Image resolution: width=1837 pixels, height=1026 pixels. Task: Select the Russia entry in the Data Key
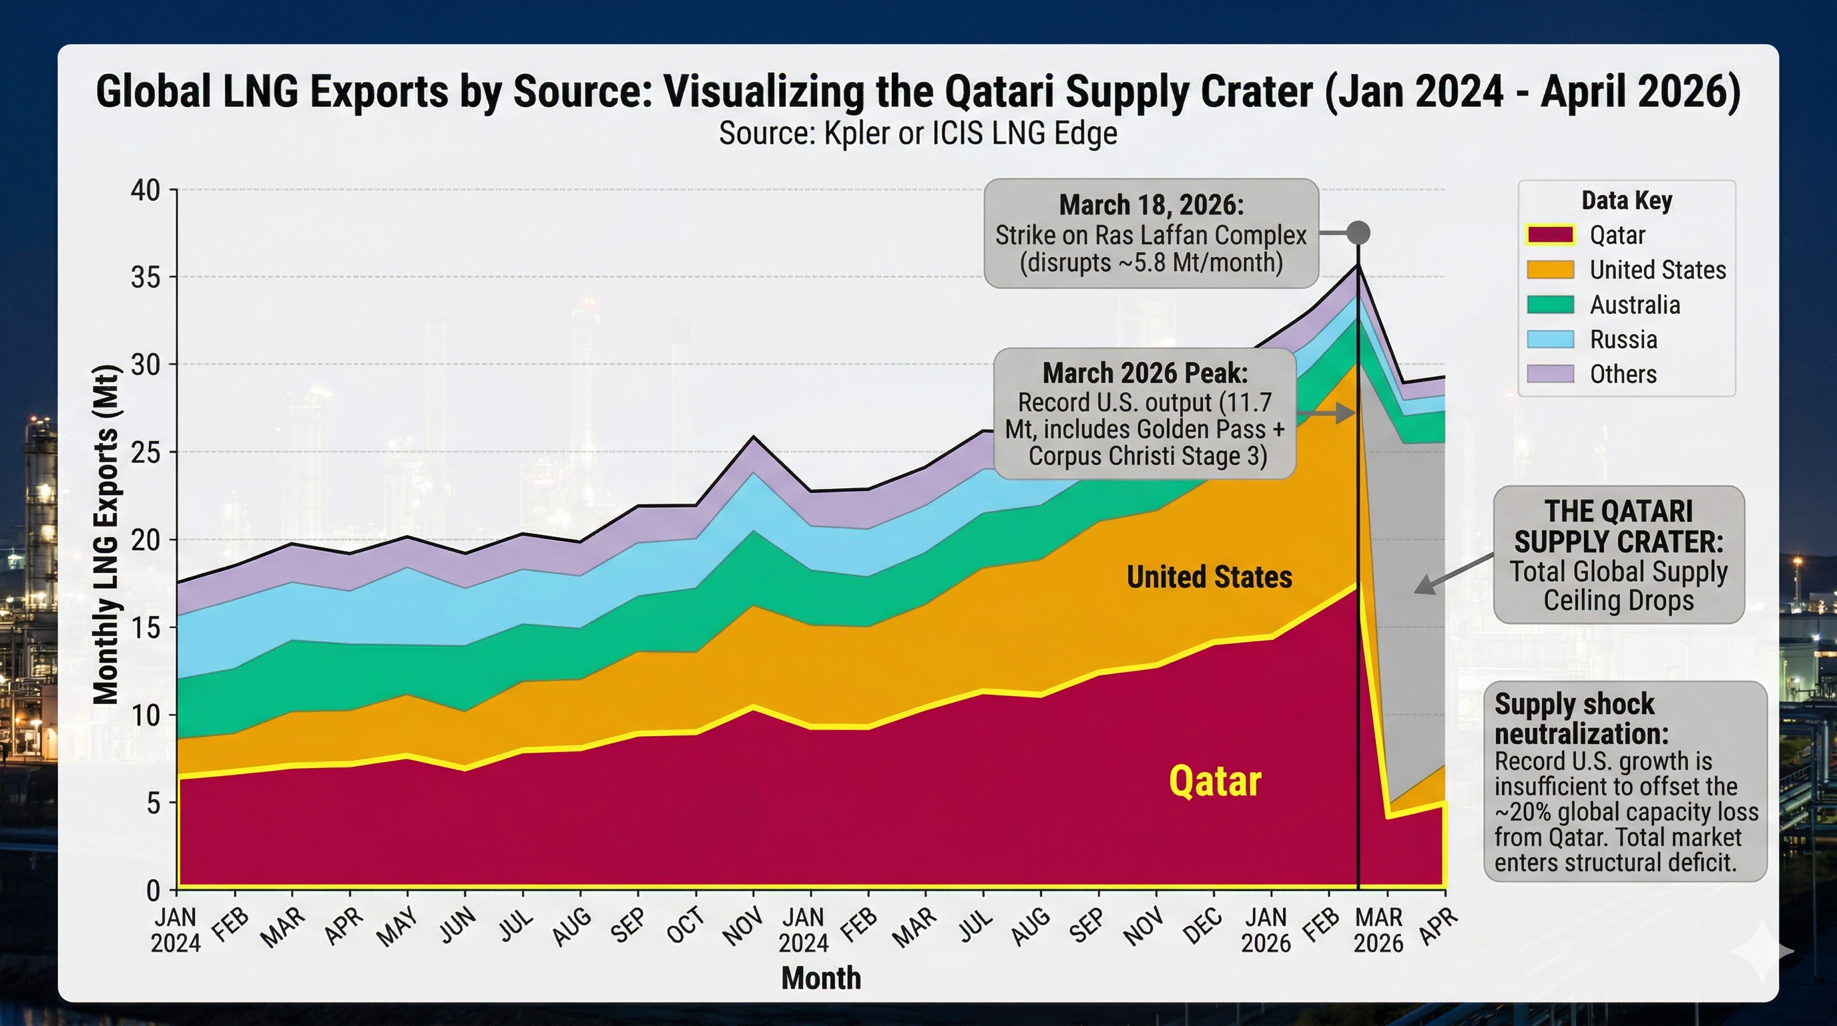(x=1623, y=339)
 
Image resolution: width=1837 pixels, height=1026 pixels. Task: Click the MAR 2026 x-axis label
(x=1378, y=930)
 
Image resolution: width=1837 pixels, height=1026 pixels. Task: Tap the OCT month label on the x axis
(x=686, y=925)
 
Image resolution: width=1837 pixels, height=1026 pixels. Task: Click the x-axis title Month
(x=821, y=978)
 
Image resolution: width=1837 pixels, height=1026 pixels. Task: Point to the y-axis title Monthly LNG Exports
(x=105, y=535)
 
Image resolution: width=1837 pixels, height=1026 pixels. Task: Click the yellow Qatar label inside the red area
(x=1214, y=782)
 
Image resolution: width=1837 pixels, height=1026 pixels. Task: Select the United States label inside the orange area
(x=1209, y=577)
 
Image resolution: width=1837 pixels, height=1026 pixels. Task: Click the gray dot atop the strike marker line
(x=1358, y=233)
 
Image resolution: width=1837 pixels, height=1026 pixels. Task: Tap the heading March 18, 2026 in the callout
(x=1151, y=206)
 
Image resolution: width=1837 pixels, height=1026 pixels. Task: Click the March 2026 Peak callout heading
(x=1145, y=373)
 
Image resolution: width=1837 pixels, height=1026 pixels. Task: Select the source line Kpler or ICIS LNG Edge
(x=918, y=134)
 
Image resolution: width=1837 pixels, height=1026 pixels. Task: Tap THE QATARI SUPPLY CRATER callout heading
(x=1618, y=526)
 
